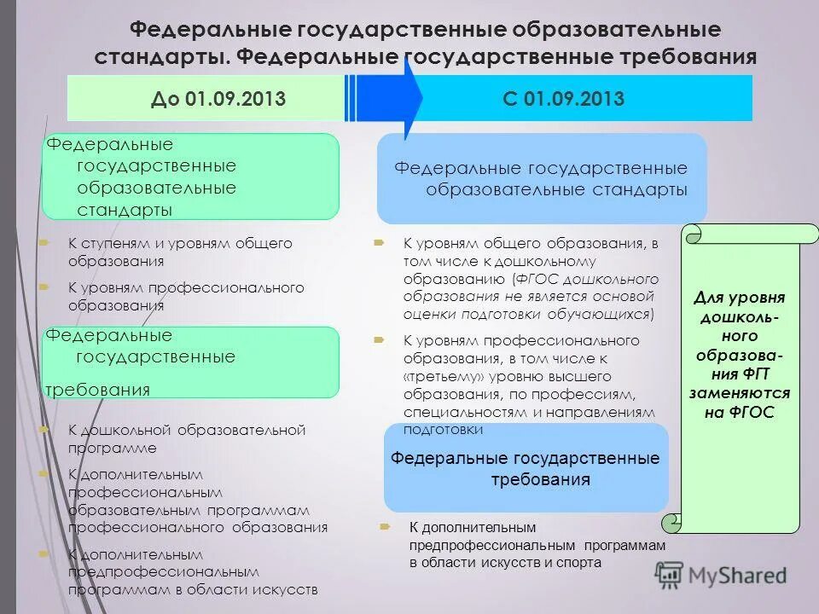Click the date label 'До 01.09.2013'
click(x=218, y=99)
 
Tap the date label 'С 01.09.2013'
click(x=563, y=99)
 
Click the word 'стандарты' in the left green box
click(x=125, y=210)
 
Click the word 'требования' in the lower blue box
click(x=540, y=479)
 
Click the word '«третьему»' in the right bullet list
click(x=437, y=376)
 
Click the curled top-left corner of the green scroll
click(x=693, y=233)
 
